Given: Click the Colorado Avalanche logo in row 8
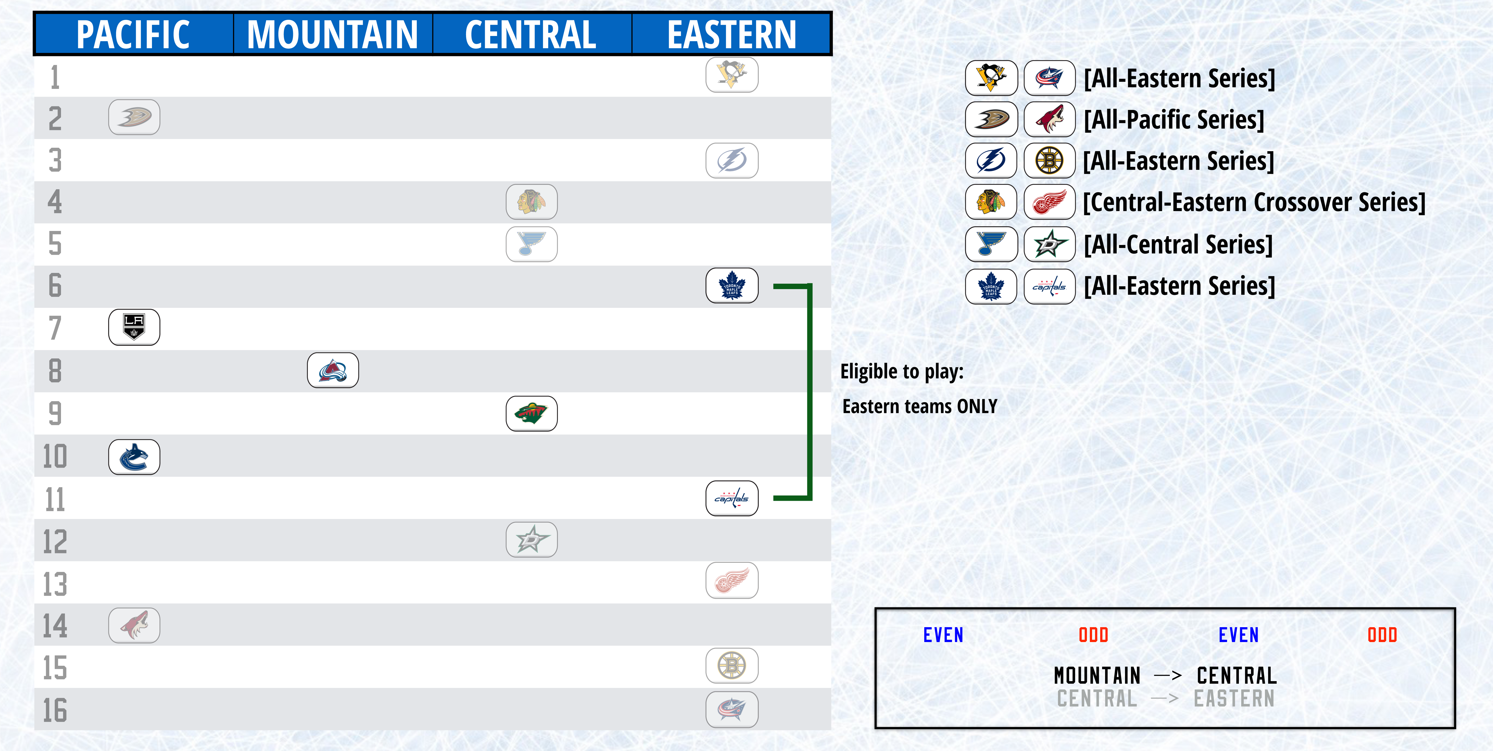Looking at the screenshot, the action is coord(333,370).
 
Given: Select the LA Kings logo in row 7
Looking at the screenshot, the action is coord(134,327).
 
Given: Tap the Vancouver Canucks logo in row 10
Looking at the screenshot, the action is coord(134,457).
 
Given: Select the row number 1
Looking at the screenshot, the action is coord(55,77).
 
